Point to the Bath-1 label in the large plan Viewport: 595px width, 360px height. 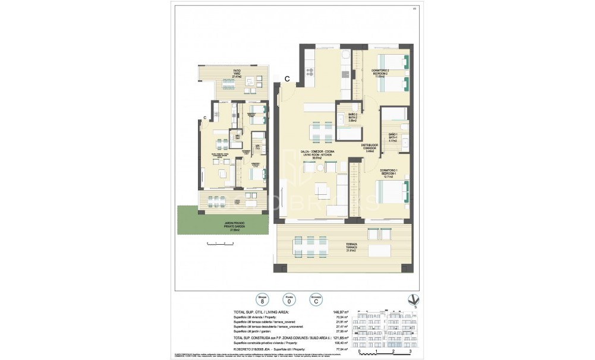tap(392, 138)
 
